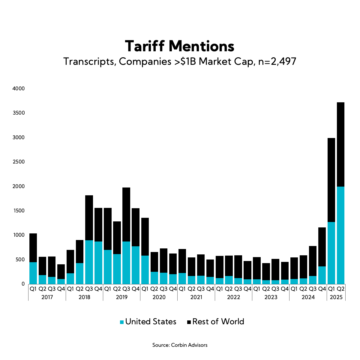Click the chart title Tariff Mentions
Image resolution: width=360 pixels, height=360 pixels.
point(180,46)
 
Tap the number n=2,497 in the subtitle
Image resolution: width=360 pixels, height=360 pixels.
point(277,61)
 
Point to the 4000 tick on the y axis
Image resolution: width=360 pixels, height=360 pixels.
point(19,89)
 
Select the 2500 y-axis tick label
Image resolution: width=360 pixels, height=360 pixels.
point(19,162)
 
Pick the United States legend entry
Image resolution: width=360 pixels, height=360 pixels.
point(148,322)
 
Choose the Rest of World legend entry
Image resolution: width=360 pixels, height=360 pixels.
point(215,322)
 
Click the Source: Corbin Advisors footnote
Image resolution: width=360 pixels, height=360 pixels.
point(180,345)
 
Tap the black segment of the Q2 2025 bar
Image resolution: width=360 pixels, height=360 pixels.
point(340,144)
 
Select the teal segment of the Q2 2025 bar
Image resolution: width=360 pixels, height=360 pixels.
point(340,235)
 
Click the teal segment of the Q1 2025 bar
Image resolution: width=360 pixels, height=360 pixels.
point(331,253)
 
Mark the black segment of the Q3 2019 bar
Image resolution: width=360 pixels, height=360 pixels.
point(126,214)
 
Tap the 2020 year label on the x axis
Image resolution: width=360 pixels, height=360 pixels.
point(159,297)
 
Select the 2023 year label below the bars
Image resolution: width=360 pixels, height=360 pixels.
point(271,297)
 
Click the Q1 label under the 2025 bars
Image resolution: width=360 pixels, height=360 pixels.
point(331,289)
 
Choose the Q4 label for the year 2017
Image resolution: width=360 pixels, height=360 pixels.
point(61,289)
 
